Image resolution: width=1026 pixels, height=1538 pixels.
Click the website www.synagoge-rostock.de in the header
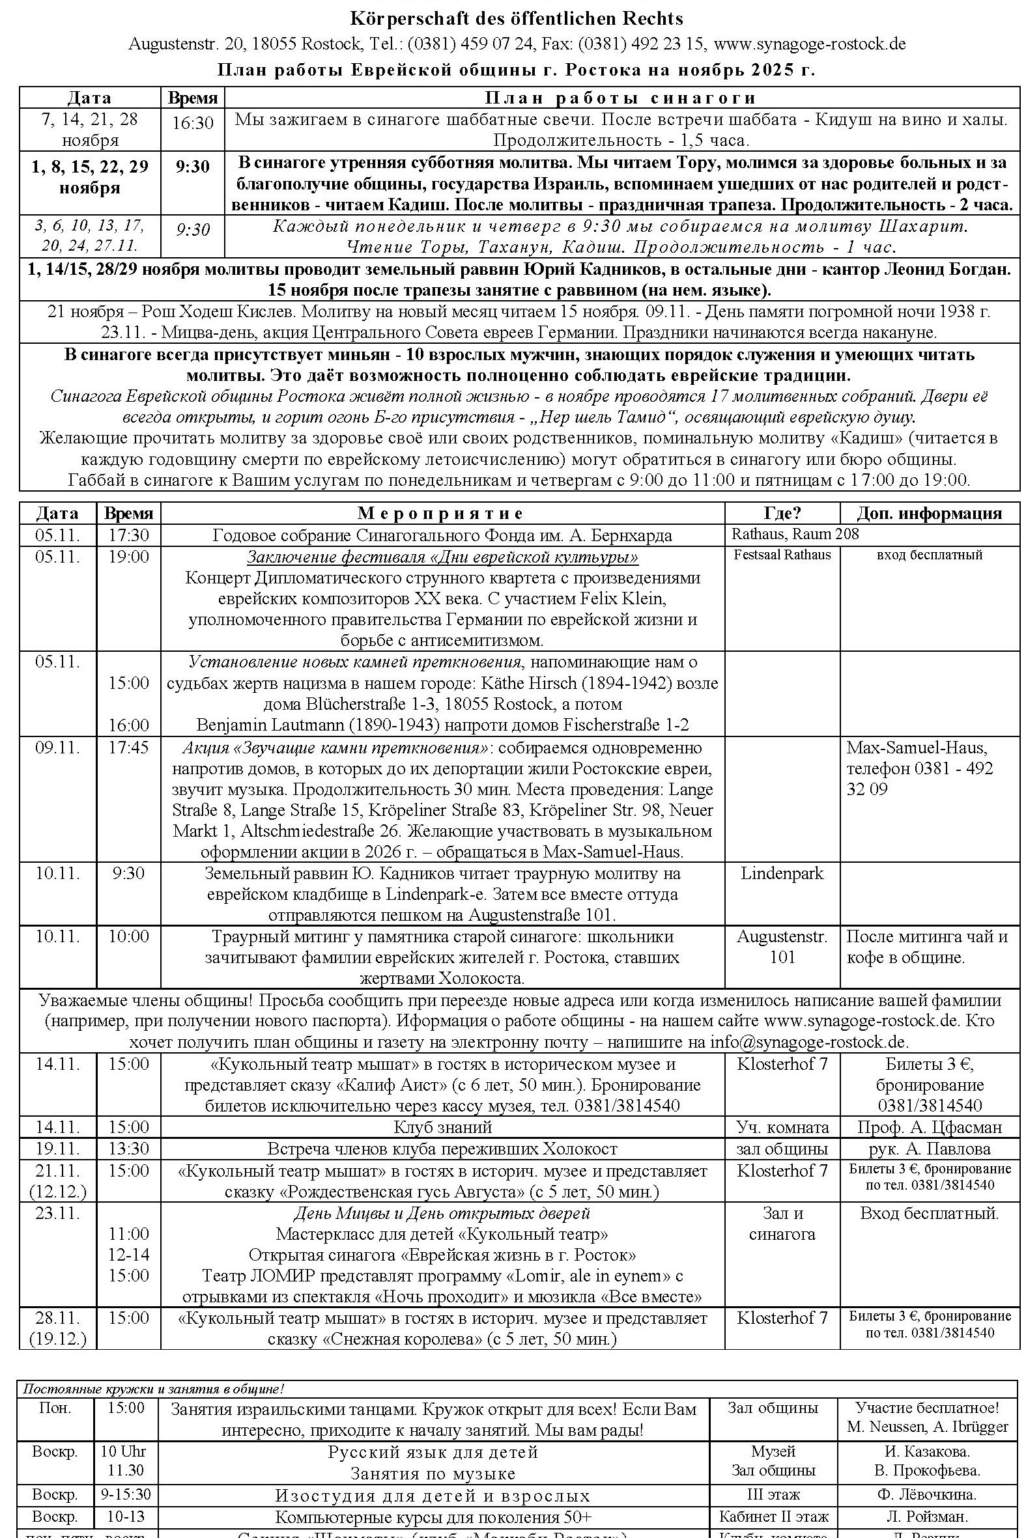point(810,44)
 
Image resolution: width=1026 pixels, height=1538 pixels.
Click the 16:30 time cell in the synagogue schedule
point(192,123)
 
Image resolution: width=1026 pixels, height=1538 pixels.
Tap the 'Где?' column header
point(782,513)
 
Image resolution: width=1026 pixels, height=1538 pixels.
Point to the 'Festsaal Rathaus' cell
point(782,555)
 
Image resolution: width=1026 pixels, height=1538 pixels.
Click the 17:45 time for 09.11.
point(128,747)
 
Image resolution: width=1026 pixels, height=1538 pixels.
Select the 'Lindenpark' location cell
point(782,873)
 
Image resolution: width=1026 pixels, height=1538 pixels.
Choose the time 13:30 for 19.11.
point(128,1149)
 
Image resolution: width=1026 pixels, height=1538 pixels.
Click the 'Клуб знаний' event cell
point(442,1127)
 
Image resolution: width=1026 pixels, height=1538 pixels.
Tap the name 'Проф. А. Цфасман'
point(929,1127)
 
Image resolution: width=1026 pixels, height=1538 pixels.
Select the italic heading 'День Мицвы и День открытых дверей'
point(442,1213)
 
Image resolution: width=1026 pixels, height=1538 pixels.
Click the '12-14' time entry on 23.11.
point(128,1254)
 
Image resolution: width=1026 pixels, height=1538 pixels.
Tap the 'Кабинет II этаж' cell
point(773,1516)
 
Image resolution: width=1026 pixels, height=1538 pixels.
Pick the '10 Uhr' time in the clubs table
point(123,1451)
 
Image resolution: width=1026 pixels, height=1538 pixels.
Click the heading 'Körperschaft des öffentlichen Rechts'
point(517,18)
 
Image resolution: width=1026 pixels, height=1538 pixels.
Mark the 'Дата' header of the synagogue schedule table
point(90,98)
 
